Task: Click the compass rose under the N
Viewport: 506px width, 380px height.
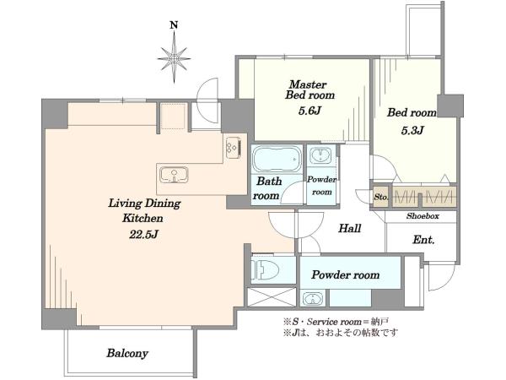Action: [x=175, y=58]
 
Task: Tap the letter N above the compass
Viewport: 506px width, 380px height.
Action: [x=175, y=24]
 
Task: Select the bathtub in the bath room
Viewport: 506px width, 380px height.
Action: [x=277, y=160]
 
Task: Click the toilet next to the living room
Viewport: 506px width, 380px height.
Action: [x=266, y=269]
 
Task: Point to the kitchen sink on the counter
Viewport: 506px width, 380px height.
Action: [x=175, y=175]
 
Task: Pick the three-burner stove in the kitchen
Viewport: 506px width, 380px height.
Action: [x=234, y=147]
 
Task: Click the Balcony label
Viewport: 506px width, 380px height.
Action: [x=127, y=353]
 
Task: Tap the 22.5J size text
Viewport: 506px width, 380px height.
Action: [x=143, y=234]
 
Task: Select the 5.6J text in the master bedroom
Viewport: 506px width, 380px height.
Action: [x=310, y=111]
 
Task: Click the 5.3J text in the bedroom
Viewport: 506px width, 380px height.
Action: [x=412, y=130]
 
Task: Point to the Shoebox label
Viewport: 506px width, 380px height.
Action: [x=423, y=216]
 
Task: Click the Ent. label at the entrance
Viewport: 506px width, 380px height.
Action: [x=423, y=240]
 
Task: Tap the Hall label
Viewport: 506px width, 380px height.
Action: [x=349, y=229]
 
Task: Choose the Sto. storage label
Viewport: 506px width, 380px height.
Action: [x=381, y=197]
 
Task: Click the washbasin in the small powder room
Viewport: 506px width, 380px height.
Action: [x=320, y=155]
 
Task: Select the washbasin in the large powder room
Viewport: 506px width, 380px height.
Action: [x=312, y=299]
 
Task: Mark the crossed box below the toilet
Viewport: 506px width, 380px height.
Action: [x=272, y=296]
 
